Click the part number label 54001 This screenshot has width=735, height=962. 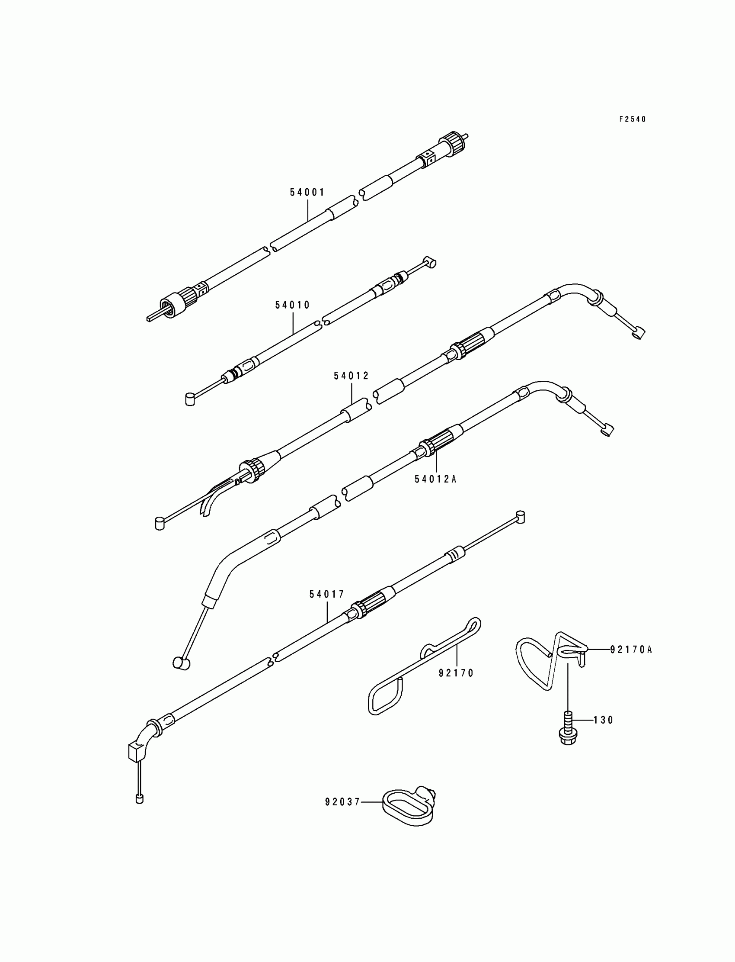click(307, 192)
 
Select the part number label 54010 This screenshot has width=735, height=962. click(292, 305)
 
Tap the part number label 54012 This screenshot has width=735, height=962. click(352, 376)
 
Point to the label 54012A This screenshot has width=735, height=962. click(435, 479)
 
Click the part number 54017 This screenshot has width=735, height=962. click(327, 595)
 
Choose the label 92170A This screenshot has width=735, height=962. click(631, 650)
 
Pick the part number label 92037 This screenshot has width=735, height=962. click(342, 802)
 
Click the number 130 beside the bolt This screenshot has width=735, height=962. click(603, 720)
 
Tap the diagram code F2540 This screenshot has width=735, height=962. click(632, 119)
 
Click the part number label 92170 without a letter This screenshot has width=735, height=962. click(456, 673)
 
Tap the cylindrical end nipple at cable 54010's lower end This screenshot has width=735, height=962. click(190, 399)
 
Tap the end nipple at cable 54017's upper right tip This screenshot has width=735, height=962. click(520, 517)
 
